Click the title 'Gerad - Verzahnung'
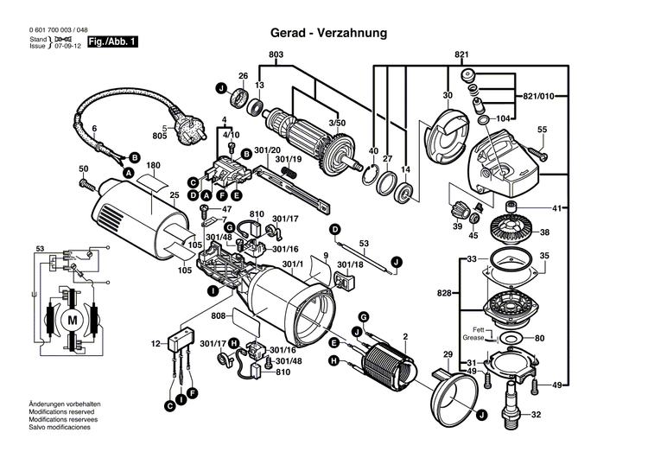click(329, 33)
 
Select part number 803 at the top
click(276, 55)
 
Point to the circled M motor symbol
click(72, 319)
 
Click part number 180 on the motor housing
click(154, 165)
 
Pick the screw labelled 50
click(86, 183)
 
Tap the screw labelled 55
click(537, 153)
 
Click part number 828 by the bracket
click(445, 295)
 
